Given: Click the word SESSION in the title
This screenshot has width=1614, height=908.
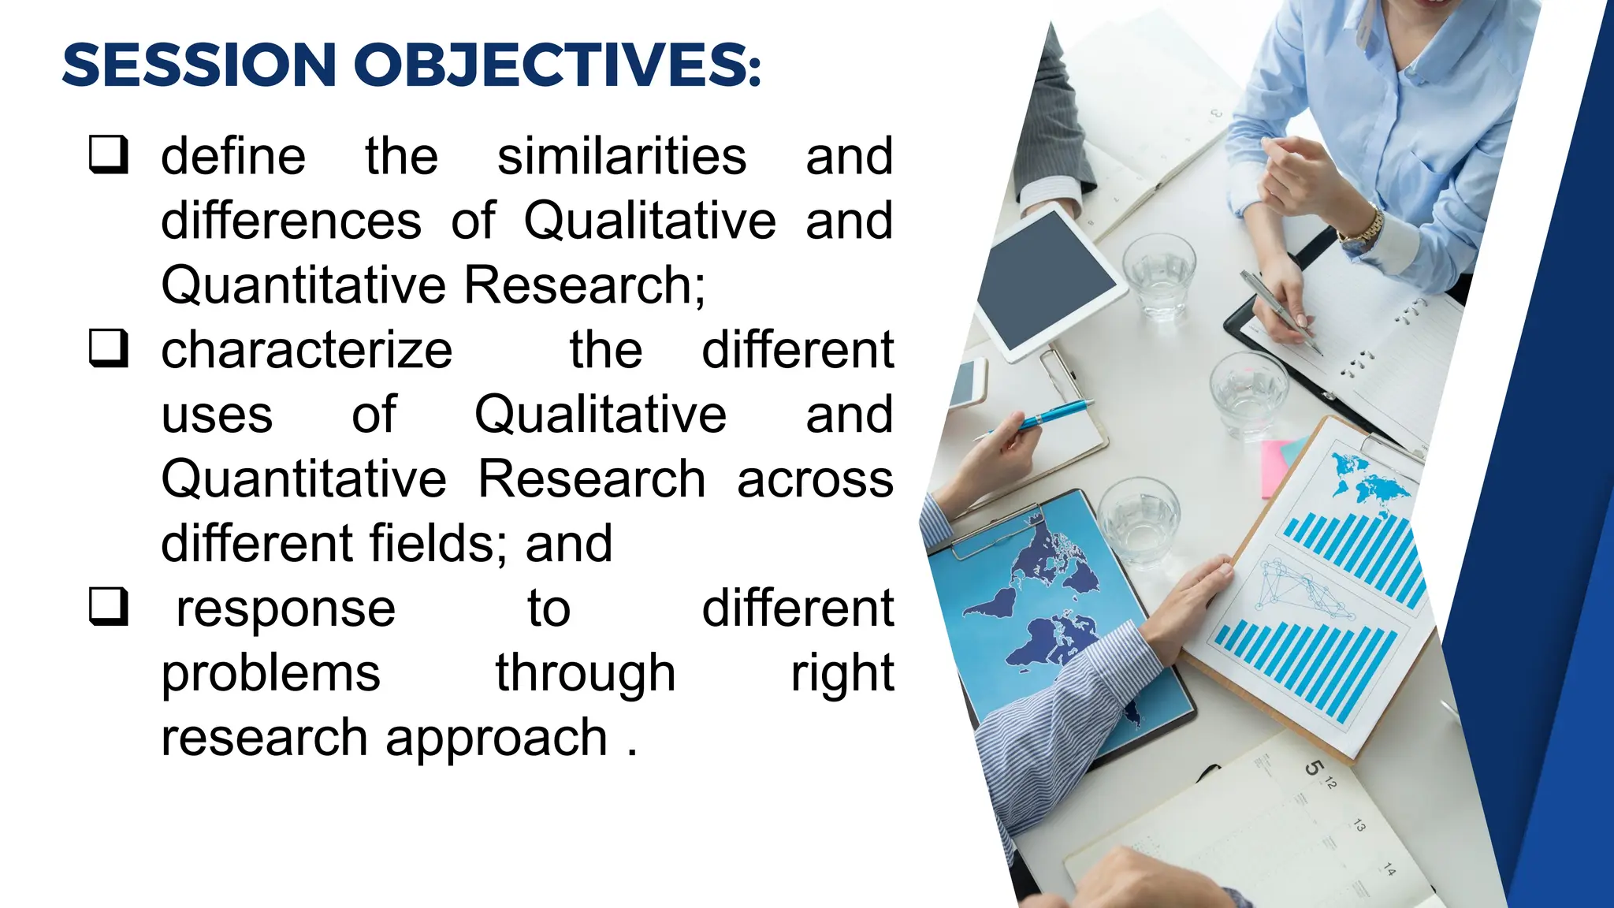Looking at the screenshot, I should pos(199,65).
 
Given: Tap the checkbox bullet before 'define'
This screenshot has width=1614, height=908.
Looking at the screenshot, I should pos(108,154).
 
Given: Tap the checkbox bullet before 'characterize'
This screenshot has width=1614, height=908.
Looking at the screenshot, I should pos(108,348).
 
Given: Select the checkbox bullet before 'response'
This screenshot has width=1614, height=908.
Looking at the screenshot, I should pos(108,607).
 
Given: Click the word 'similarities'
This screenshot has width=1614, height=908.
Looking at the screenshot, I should pos(622,156).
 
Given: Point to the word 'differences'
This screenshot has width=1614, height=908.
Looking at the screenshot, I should pos(291,221).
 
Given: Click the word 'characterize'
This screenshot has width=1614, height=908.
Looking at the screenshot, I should pos(307,350).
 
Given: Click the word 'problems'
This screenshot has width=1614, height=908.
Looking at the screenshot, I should pos(270,673).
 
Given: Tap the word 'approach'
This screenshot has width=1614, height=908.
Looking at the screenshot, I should pos(496,739).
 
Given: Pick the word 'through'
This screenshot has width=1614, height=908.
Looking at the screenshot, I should pos(585,673).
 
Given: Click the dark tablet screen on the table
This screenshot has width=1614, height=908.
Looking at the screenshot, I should pos(1044,280).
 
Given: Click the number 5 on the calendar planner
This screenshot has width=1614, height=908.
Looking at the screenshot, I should pos(1313,767).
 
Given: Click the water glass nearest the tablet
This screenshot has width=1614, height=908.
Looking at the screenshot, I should pos(1158,276).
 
